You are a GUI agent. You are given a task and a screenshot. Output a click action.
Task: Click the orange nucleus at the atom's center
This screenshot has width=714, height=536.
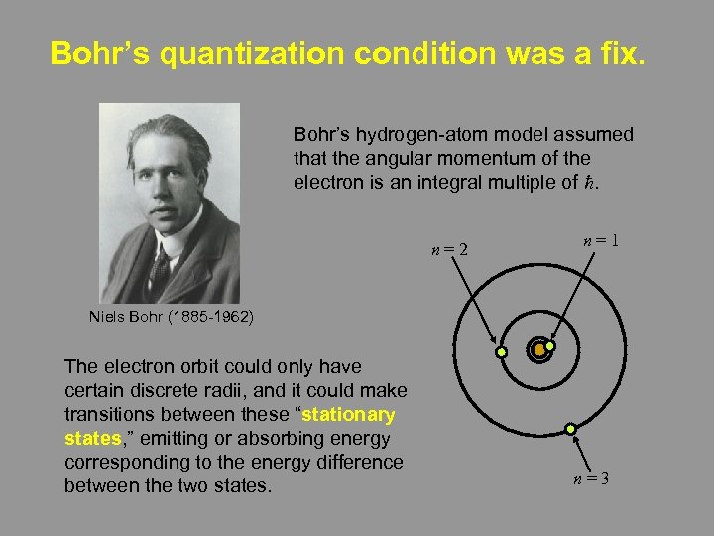[537, 350]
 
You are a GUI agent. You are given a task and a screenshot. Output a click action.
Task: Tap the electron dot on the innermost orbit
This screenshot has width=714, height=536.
[550, 346]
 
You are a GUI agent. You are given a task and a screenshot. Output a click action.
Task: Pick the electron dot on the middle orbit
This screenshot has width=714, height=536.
[502, 352]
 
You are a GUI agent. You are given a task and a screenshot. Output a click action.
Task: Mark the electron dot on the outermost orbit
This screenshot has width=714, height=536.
[570, 428]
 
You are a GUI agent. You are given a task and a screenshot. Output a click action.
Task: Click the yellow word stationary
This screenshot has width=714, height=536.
[347, 414]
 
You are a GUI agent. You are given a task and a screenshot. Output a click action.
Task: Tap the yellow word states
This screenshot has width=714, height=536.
[92, 438]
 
